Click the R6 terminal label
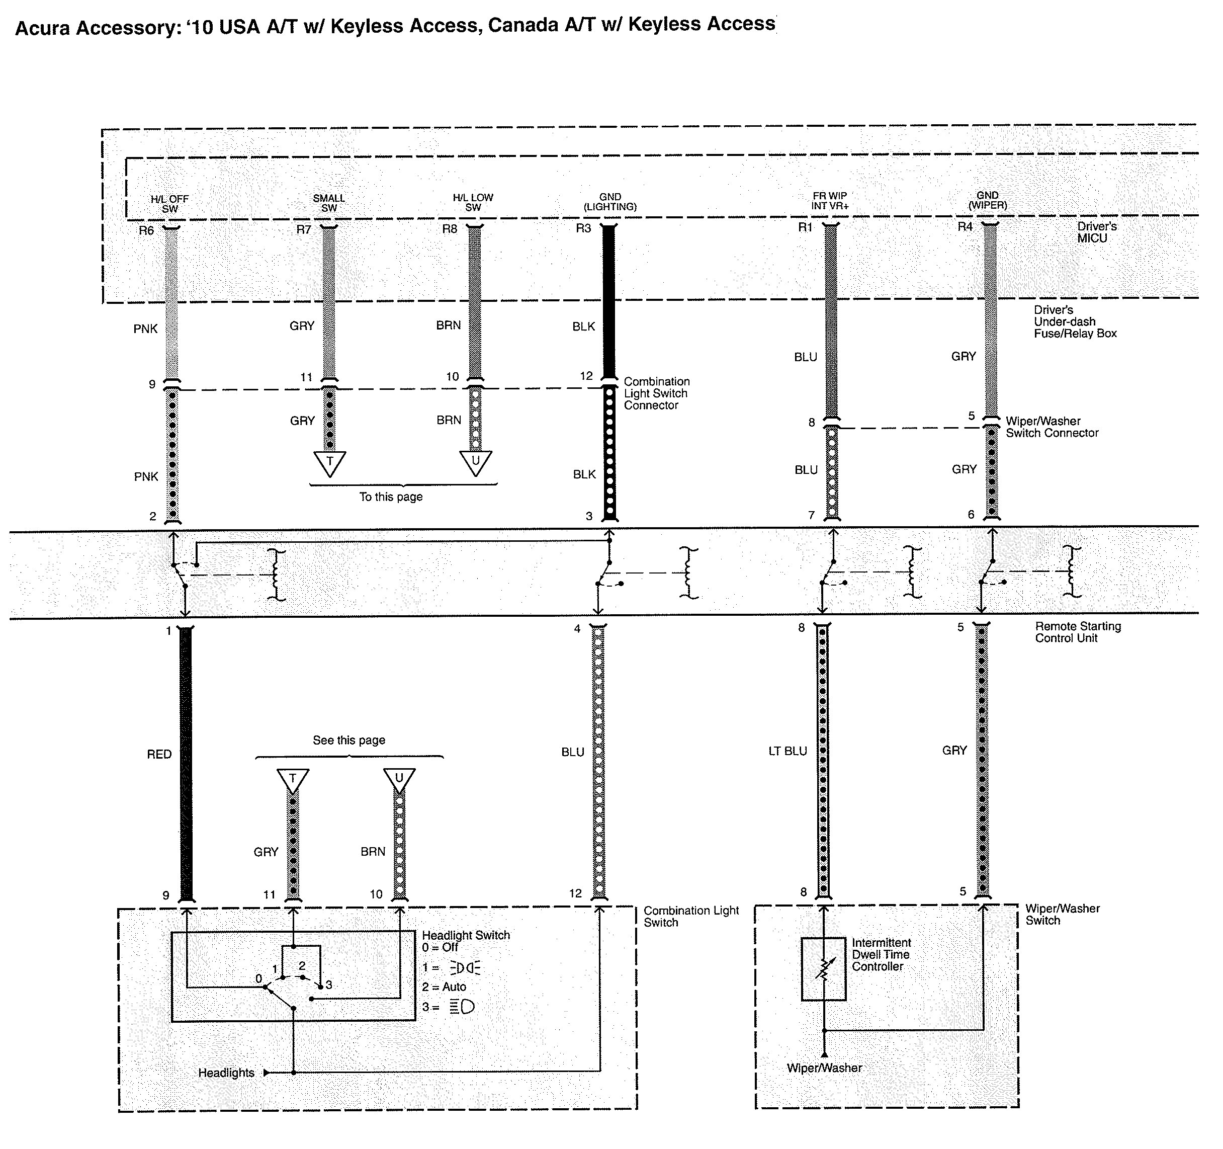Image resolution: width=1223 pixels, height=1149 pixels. click(146, 231)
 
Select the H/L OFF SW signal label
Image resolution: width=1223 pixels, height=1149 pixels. click(170, 204)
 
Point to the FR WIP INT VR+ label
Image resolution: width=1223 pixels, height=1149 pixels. click(829, 201)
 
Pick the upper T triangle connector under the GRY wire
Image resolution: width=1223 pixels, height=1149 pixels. click(330, 463)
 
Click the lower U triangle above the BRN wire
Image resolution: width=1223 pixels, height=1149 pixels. click(399, 780)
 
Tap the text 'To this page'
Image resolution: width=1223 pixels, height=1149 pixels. click(391, 497)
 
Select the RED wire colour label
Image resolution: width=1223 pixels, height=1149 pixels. click(159, 754)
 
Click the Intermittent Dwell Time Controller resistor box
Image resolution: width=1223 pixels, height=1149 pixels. click(823, 969)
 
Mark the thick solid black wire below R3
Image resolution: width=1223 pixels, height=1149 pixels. click(608, 301)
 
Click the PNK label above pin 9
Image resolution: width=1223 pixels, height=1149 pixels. click(146, 329)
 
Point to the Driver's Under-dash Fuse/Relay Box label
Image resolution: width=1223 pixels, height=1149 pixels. click(1075, 322)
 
